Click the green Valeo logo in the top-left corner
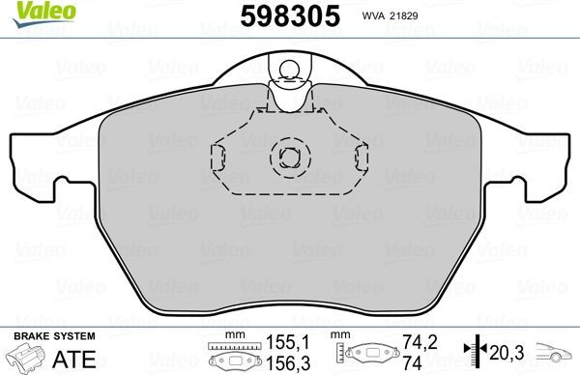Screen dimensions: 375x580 [x=29, y=12]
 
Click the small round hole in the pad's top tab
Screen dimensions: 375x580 [x=289, y=67]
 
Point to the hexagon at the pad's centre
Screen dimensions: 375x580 [x=289, y=155]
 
